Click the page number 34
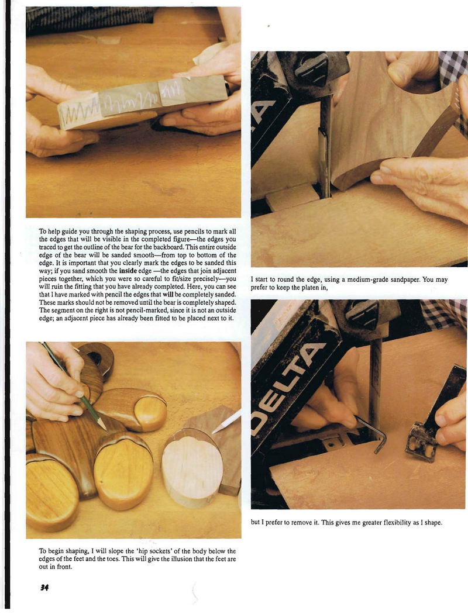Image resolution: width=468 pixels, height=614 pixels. tap(43, 587)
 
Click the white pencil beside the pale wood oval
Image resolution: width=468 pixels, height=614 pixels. tap(227, 421)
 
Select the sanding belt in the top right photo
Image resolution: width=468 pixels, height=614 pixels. tap(325, 145)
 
